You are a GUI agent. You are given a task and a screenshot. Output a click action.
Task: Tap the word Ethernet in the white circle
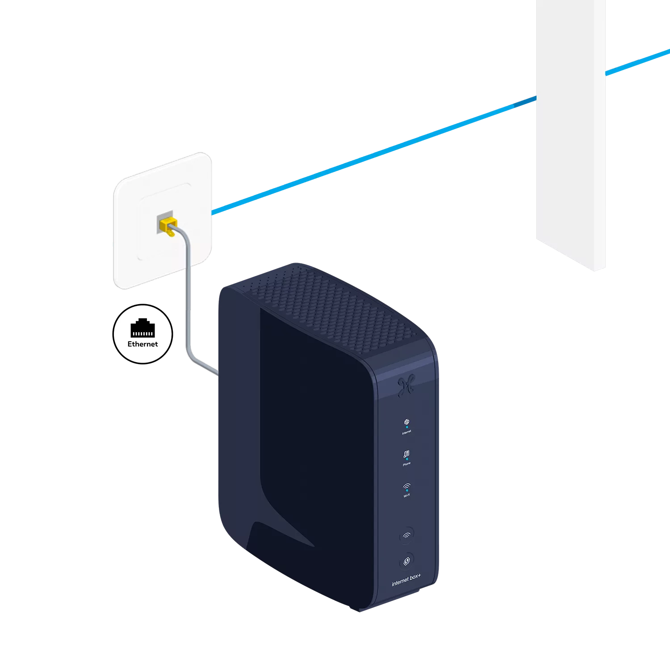click(142, 344)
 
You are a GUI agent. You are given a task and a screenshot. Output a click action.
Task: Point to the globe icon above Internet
click(406, 422)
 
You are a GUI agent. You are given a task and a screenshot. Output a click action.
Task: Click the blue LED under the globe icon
click(406, 427)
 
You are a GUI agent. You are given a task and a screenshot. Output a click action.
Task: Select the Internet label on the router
click(406, 432)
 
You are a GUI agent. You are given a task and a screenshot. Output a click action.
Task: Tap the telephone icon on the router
click(406, 454)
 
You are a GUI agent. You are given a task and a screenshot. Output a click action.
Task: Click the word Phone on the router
click(406, 464)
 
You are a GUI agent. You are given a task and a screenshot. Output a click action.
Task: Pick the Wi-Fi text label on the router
click(406, 495)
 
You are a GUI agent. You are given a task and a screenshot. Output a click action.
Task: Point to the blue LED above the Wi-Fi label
click(406, 490)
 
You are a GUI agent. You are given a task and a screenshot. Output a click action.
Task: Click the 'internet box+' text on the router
click(406, 580)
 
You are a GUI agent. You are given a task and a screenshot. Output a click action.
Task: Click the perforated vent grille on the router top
click(331, 304)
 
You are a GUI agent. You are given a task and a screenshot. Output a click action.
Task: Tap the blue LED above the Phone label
click(406, 459)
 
